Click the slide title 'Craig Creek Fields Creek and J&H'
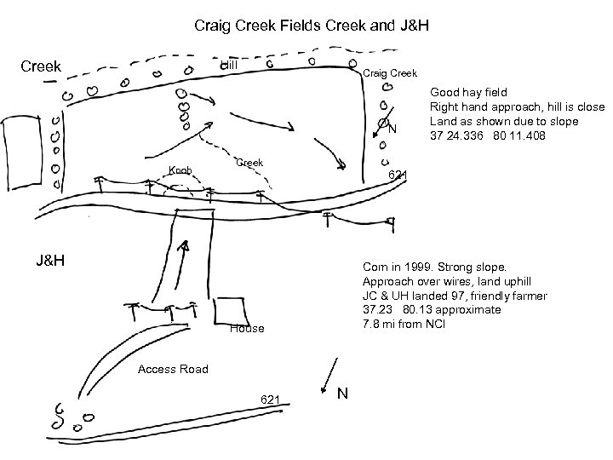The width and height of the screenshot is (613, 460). point(311,26)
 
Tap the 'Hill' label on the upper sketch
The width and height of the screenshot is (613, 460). point(229,66)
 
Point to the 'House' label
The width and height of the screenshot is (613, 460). point(247,329)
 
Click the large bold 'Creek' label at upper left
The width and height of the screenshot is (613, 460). point(42,66)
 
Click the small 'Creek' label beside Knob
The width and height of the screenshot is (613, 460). point(249,162)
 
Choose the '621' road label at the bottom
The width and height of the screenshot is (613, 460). point(271,399)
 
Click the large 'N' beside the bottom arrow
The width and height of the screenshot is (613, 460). point(342,394)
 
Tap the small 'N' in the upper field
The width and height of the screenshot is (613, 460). point(392,129)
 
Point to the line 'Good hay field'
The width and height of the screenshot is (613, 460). point(468,91)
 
